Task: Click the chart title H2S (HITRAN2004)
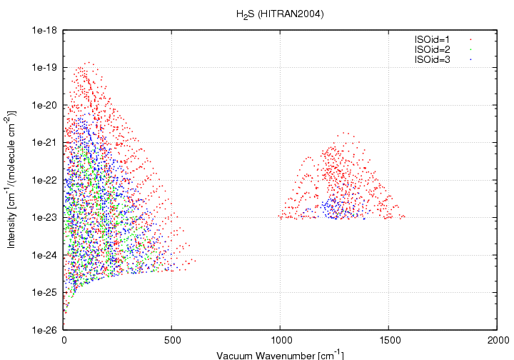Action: click(x=281, y=14)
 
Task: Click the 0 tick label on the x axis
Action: click(x=64, y=341)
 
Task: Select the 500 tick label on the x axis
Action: click(x=172, y=341)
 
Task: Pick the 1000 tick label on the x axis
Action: click(x=281, y=341)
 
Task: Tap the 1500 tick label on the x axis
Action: click(x=389, y=341)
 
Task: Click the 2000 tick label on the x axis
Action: click(x=497, y=341)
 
